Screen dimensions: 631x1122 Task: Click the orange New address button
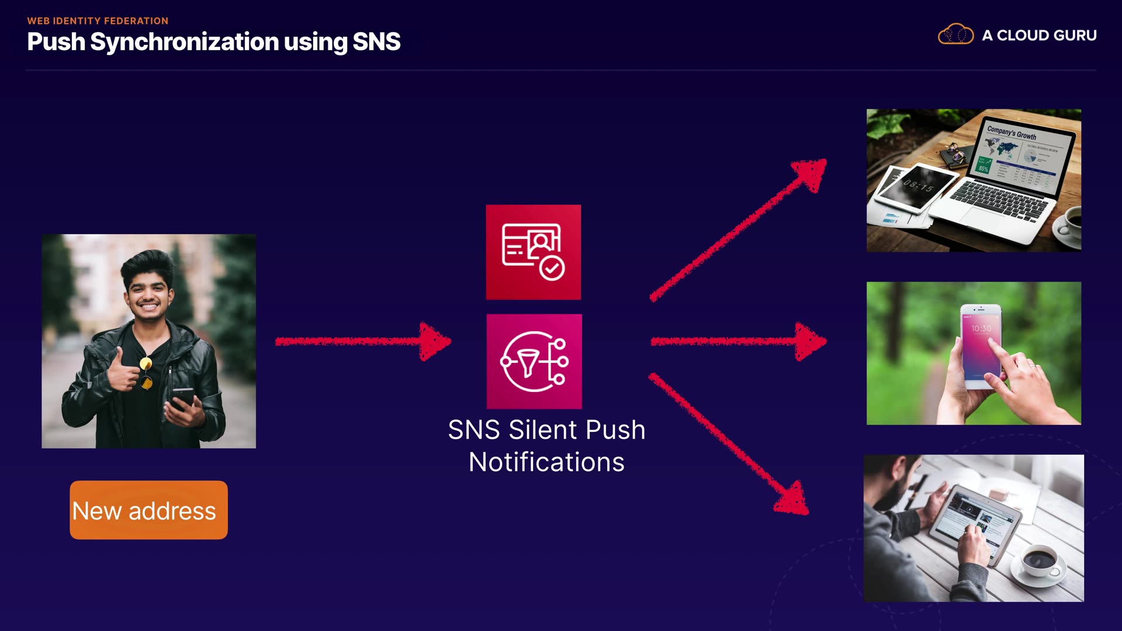tap(148, 510)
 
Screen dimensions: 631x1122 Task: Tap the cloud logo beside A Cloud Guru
tap(955, 35)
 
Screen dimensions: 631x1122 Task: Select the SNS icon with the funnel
tap(534, 362)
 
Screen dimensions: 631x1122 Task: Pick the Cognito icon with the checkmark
tap(534, 252)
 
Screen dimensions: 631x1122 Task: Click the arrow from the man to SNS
tap(362, 341)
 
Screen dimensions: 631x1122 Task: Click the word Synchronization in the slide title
tap(184, 42)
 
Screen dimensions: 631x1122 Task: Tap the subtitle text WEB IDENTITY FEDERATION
tap(98, 21)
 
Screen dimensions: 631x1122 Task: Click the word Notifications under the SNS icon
tap(546, 462)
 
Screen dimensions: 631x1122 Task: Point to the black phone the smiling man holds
tap(182, 397)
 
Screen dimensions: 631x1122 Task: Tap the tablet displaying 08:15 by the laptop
tap(915, 187)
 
